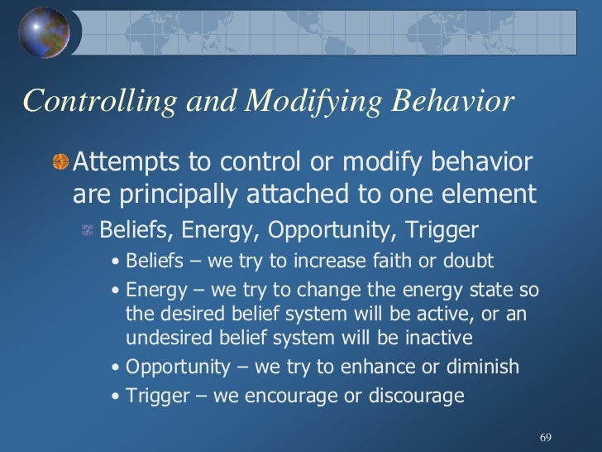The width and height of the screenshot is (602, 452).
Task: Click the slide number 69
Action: [545, 437]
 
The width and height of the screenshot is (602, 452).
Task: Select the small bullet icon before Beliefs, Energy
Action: [87, 229]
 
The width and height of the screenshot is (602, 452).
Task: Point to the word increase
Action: [328, 262]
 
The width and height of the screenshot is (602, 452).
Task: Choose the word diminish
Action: [484, 367]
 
